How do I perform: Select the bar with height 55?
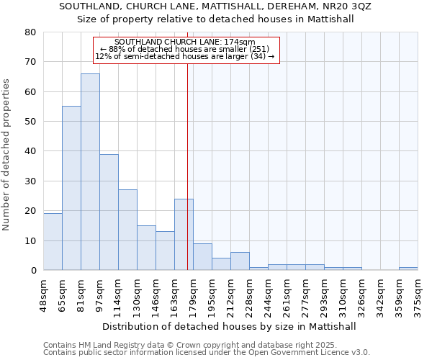click(x=71, y=188)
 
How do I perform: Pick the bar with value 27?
click(x=127, y=230)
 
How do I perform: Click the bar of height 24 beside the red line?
click(x=184, y=234)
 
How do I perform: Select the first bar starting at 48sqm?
click(x=53, y=241)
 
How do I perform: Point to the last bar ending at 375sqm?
click(x=408, y=269)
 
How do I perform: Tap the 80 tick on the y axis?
click(x=30, y=32)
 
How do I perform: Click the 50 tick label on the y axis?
click(x=30, y=122)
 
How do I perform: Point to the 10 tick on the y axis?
click(x=30, y=240)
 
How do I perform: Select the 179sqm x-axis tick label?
click(x=193, y=294)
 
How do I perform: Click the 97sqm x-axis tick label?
click(x=99, y=294)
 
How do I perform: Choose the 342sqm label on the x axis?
click(x=381, y=294)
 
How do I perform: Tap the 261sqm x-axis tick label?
click(x=287, y=294)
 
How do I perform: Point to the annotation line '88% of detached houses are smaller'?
click(x=186, y=49)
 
